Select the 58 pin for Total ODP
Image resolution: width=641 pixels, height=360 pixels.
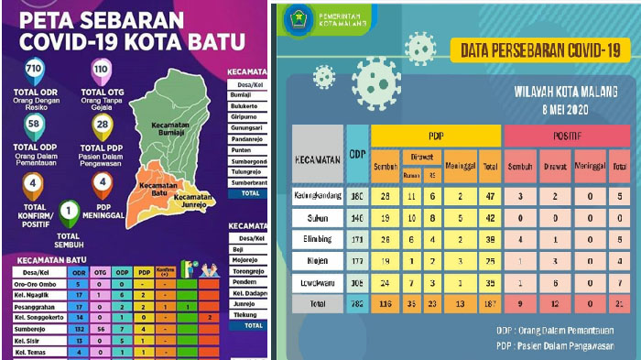coord(35,124)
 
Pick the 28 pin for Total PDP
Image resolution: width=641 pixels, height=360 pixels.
coord(101,124)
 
